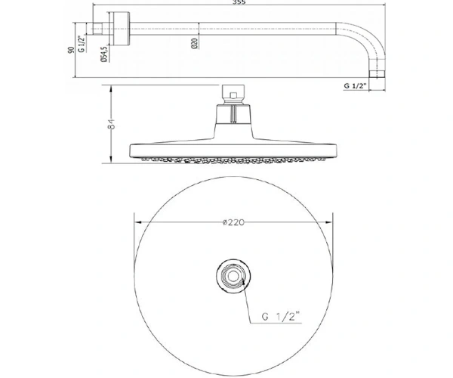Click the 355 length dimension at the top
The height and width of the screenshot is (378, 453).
coord(239,2)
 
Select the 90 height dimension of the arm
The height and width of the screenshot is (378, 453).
coord(71,50)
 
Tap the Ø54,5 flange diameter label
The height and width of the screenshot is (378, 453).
coord(104,54)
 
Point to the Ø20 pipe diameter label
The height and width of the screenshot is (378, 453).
coord(195,43)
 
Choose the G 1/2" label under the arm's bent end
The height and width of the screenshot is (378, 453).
coord(355,85)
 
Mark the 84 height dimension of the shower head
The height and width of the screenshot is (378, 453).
coord(111,124)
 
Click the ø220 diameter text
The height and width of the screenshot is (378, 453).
coord(233,222)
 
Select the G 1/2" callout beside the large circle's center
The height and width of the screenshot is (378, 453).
coord(281,316)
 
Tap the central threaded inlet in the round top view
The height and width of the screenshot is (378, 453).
coord(233,276)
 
